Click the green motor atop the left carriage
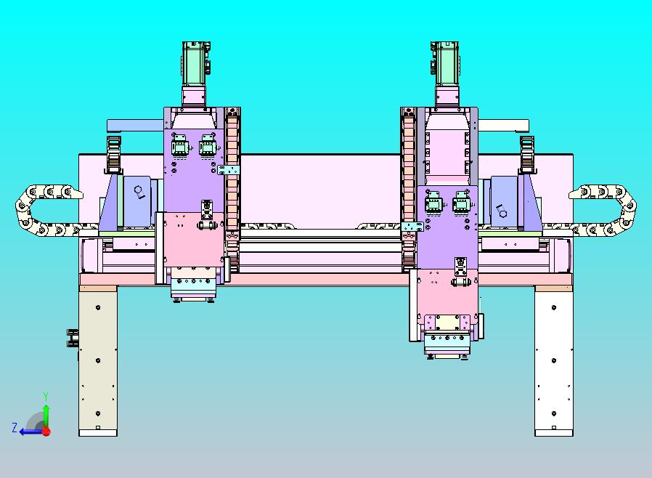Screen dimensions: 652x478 195,64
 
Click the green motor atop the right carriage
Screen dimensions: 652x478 445,64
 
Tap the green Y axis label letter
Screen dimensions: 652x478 46,396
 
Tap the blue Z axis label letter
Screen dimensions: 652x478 15,427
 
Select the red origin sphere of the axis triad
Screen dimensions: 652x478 46,432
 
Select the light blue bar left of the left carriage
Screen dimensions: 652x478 135,125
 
